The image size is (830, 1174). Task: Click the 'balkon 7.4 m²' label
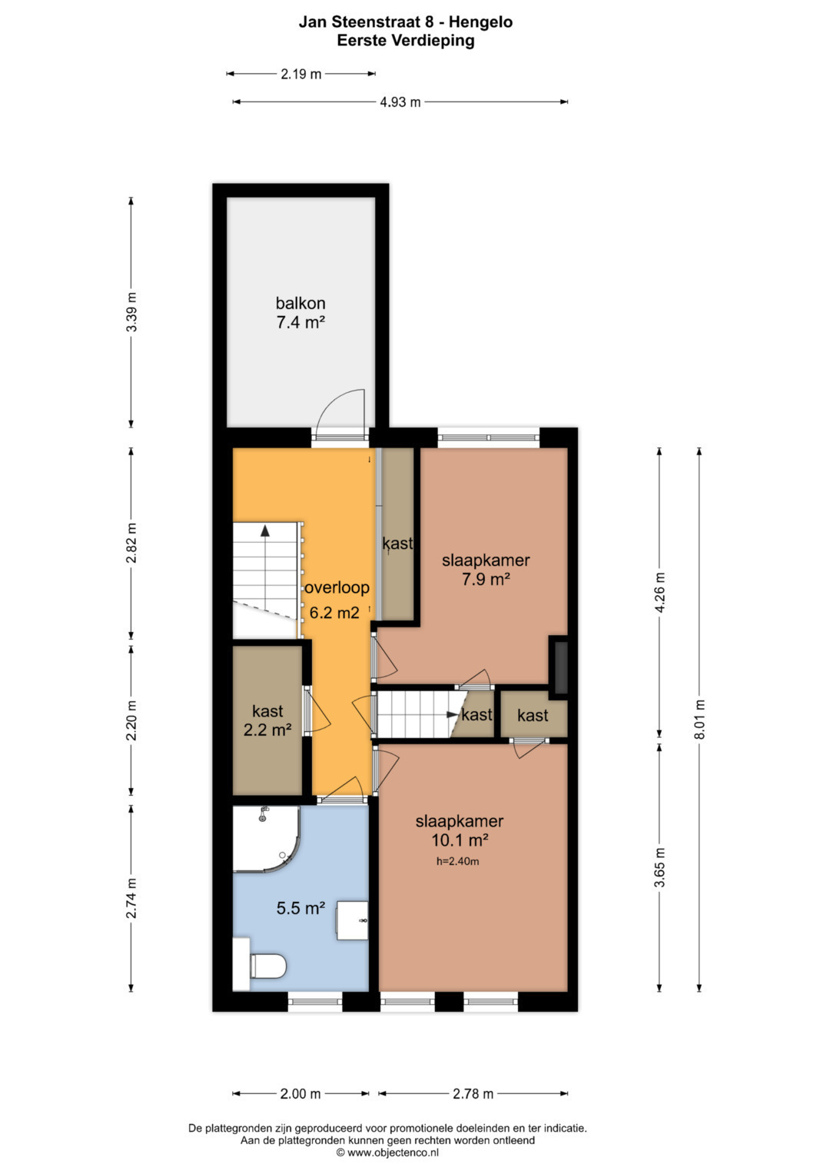300,312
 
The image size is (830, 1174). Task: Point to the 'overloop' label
337,587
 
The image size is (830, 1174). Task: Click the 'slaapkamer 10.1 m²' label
460,830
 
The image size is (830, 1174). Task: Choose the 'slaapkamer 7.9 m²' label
486,569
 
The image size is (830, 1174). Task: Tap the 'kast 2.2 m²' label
267,720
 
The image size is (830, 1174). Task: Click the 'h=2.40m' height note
457,860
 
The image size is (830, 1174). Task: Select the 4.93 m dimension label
400,101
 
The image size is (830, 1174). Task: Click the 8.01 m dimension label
701,719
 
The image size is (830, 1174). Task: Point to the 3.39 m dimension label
131,312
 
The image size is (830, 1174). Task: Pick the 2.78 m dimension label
473,1094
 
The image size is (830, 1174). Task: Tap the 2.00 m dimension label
300,1094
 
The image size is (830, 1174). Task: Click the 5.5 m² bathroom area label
300,908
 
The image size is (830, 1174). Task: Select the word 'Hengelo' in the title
480,22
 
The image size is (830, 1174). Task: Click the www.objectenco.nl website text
393,1152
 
